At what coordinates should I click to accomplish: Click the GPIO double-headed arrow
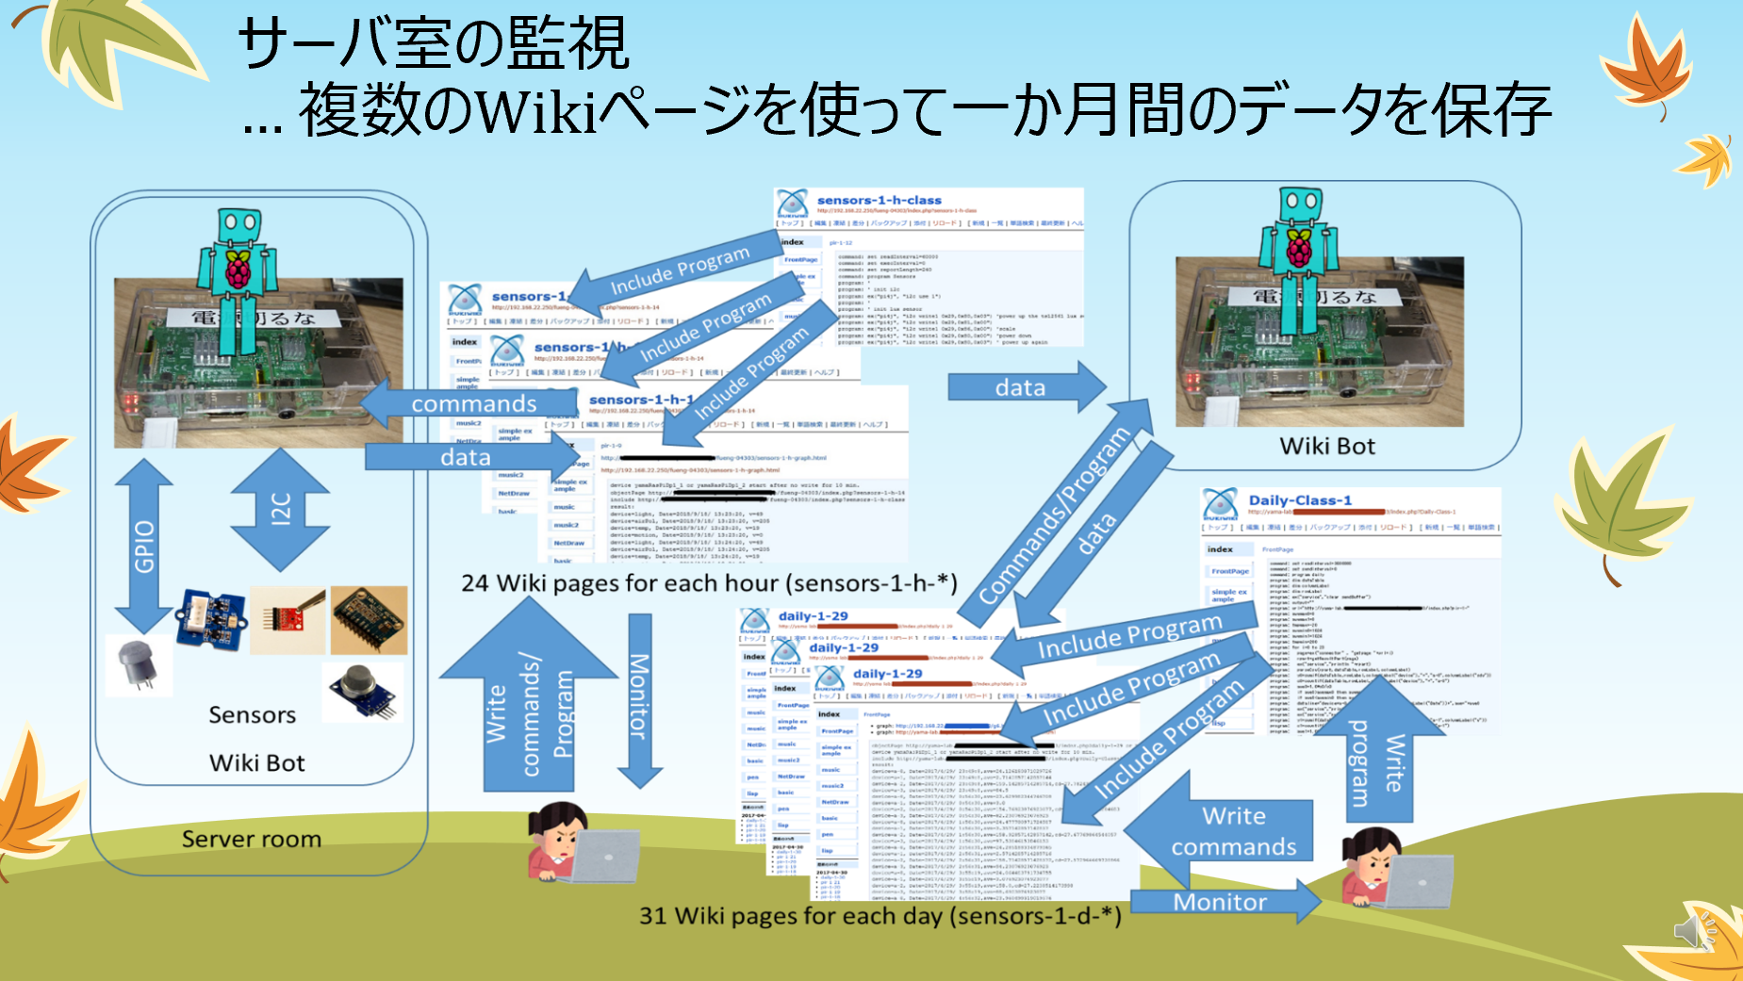143,546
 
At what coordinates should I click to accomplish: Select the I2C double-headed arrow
280,509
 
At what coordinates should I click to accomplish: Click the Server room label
252,839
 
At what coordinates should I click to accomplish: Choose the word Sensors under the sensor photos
252,715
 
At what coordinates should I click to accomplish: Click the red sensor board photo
288,619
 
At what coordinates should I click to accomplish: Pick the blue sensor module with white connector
211,618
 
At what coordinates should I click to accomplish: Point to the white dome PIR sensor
139,664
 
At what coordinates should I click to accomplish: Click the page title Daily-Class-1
1300,500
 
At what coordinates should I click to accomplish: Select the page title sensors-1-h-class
879,200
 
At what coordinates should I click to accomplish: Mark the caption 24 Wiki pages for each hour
709,583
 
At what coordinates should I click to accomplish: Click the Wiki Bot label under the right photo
1326,446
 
